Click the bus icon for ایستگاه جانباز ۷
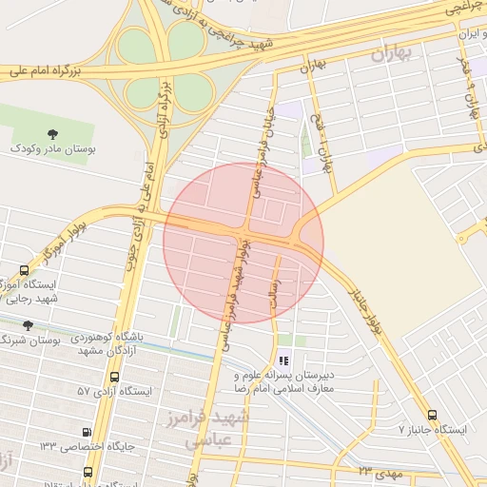tap(434, 415)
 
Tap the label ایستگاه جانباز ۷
tap(433, 430)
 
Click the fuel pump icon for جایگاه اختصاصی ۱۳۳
tap(88, 431)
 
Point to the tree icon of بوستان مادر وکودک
tap(51, 133)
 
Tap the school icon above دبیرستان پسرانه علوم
tap(283, 360)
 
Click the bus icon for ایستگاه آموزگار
tap(24, 270)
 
